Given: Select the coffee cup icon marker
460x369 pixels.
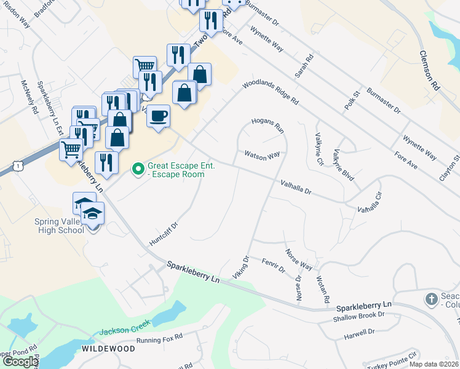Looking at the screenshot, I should (x=159, y=116).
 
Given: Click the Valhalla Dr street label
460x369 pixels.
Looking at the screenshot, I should (x=296, y=187).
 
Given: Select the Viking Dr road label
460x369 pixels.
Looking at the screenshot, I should (x=240, y=268).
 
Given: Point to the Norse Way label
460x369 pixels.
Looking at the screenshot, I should (x=299, y=260).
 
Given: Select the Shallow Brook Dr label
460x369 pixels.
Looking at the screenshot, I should (x=359, y=314).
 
